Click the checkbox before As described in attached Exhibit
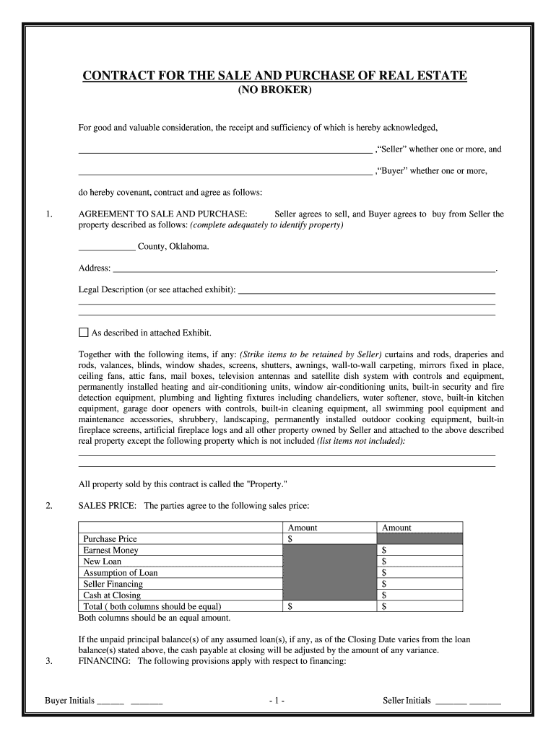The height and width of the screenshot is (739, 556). click(83, 333)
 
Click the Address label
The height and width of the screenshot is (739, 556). click(94, 268)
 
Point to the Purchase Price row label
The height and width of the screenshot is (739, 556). click(110, 539)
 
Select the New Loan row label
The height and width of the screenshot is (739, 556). click(103, 561)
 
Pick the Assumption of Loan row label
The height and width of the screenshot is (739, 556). click(121, 573)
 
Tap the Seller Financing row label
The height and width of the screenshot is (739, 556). click(113, 584)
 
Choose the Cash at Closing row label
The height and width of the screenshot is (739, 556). click(112, 595)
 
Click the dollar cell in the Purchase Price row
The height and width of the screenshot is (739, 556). click(329, 539)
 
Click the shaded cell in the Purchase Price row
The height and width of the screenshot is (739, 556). click(420, 539)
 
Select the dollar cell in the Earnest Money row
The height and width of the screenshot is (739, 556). click(420, 550)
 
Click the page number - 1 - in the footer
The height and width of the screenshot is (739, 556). click(277, 701)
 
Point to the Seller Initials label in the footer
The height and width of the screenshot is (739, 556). click(407, 701)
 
